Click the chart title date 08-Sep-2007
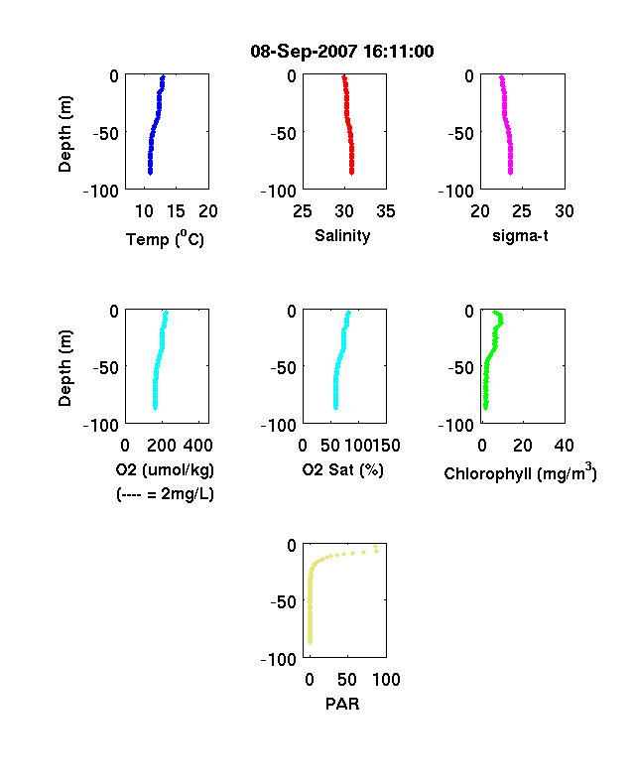[x=304, y=52]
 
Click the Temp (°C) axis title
[x=165, y=239]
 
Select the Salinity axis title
[x=342, y=235]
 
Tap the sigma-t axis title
[x=520, y=235]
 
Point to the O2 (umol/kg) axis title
[x=165, y=469]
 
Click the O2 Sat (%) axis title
[x=343, y=469]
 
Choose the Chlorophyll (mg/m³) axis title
[x=520, y=472]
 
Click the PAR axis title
[x=342, y=704]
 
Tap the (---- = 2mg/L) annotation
[x=165, y=494]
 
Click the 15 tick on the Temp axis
[x=176, y=211]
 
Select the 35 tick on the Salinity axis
[x=386, y=211]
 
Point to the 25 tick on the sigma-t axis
[x=521, y=211]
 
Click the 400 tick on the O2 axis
[x=197, y=446]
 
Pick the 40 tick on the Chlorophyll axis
[x=564, y=446]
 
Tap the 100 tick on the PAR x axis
[x=386, y=679]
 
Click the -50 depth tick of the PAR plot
[x=283, y=601]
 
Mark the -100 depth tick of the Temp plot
[x=101, y=191]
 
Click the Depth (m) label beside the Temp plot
[x=64, y=134]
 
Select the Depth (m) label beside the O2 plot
[x=64, y=368]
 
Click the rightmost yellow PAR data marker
[x=376, y=551]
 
